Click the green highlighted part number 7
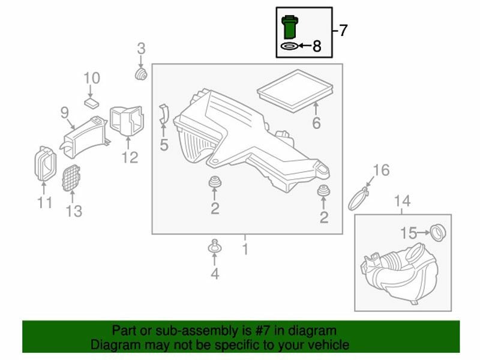click(290, 27)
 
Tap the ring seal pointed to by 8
click(289, 46)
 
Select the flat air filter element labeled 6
click(295, 91)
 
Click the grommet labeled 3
click(141, 74)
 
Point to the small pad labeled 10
click(92, 102)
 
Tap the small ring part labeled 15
click(437, 233)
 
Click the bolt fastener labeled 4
click(215, 247)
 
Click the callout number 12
click(130, 157)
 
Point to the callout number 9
click(64, 112)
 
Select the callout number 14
click(402, 201)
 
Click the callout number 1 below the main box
click(245, 249)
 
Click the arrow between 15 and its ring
click(424, 233)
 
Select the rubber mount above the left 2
click(215, 182)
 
